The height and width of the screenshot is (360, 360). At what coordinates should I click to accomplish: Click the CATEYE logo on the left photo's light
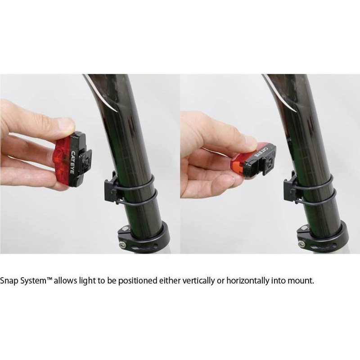pyautogui.click(x=73, y=162)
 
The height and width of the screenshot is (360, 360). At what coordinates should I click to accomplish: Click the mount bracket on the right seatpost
pyautogui.click(x=290, y=188)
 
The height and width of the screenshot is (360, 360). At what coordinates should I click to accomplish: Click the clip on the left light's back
pyautogui.click(x=86, y=160)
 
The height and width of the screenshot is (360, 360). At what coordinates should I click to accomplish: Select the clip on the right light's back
pyautogui.click(x=268, y=161)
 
